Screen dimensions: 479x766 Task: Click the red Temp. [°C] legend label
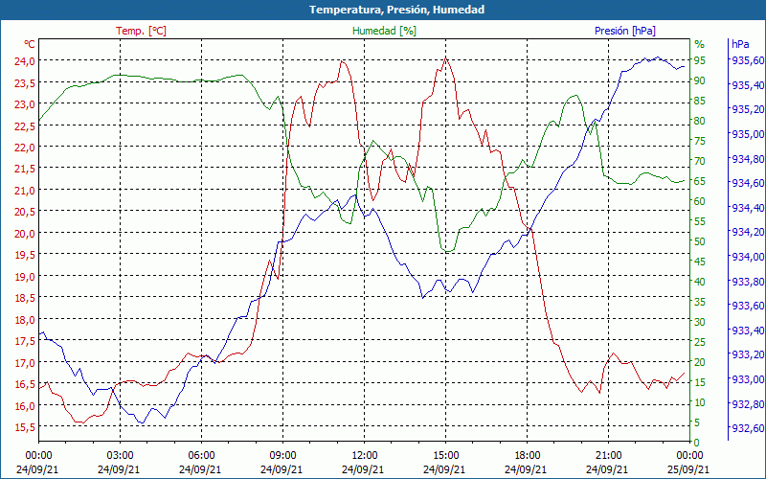(141, 31)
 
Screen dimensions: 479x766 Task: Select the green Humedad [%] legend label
(384, 31)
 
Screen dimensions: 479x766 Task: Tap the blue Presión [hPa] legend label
(625, 31)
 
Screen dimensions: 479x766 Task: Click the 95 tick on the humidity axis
(700, 60)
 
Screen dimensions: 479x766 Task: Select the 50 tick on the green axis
(700, 241)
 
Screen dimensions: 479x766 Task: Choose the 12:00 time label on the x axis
(364, 454)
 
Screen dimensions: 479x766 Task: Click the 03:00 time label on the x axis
(120, 454)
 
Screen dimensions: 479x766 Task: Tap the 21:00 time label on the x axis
(609, 454)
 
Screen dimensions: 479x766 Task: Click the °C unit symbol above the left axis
(30, 44)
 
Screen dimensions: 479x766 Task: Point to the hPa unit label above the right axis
(740, 44)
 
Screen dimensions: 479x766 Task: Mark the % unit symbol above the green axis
(699, 44)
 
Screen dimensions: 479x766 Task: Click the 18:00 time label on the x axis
(528, 454)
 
